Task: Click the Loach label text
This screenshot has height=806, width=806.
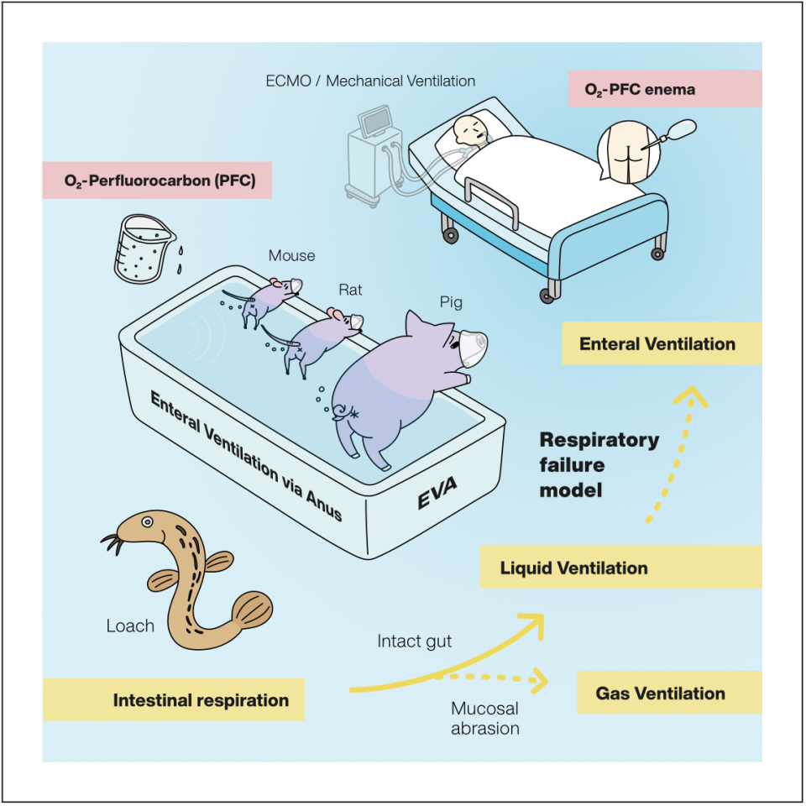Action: [x=130, y=625]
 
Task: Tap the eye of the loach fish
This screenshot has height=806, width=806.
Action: [x=148, y=522]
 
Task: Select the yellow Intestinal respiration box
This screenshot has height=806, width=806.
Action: [x=173, y=700]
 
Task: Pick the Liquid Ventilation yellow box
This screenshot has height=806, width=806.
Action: [x=620, y=568]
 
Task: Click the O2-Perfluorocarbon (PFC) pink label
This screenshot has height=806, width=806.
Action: [x=157, y=180]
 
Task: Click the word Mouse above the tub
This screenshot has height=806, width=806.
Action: [x=291, y=255]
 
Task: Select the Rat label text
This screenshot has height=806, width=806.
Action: [x=350, y=290]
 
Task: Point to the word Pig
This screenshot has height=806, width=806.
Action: [x=452, y=301]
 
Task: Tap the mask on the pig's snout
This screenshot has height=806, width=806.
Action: [x=473, y=343]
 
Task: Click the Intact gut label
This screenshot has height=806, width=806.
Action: [x=414, y=641]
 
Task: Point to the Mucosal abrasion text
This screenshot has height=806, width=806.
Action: [x=485, y=718]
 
